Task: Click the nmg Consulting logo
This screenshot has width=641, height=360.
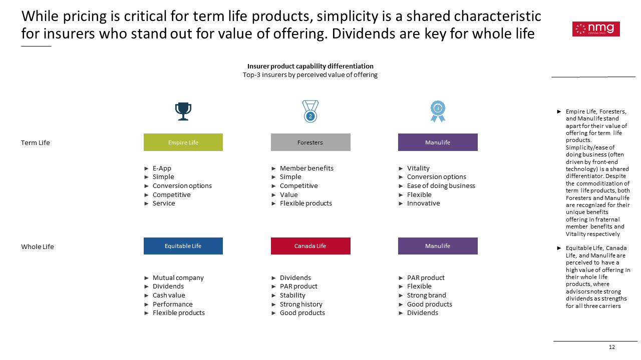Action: (x=596, y=29)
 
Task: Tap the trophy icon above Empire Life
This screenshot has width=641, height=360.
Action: (x=183, y=111)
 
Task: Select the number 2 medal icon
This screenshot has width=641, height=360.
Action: (x=310, y=111)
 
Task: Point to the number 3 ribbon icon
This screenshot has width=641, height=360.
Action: (x=438, y=111)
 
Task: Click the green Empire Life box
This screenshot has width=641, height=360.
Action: (x=183, y=142)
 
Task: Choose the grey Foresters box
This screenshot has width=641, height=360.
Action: (x=310, y=142)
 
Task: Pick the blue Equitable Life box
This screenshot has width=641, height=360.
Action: (x=183, y=246)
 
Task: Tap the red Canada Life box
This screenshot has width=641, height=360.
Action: (x=310, y=246)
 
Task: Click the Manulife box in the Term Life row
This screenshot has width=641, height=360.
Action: (x=438, y=142)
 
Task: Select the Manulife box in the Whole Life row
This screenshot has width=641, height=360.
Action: (x=438, y=246)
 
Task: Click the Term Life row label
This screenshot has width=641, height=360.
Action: (x=36, y=142)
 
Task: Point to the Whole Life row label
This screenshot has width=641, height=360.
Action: (x=38, y=246)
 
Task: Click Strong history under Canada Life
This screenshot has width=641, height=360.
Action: (x=301, y=304)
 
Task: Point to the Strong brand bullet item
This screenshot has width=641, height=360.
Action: (x=427, y=295)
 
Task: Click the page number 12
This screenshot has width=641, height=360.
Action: (x=612, y=347)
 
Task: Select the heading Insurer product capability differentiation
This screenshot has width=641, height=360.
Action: (x=310, y=66)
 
